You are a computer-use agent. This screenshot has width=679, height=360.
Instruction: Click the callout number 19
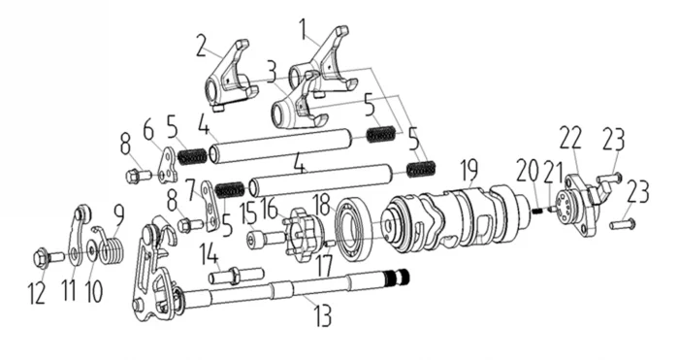click(469, 171)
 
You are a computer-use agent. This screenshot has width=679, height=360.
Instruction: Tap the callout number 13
click(322, 315)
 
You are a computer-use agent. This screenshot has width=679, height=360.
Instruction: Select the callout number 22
click(569, 139)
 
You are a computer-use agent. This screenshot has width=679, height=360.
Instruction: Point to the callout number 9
click(118, 215)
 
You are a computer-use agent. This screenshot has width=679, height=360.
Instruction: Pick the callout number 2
click(201, 47)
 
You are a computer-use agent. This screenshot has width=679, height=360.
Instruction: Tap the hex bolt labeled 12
click(48, 257)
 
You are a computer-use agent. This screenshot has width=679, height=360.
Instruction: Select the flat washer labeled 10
click(93, 250)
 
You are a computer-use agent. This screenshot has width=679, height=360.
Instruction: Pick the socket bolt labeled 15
click(266, 240)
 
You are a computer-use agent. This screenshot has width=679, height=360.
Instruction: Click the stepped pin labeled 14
click(237, 276)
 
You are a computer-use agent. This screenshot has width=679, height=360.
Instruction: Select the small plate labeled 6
click(169, 166)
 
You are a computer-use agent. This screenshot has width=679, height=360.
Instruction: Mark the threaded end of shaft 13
click(400, 277)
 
